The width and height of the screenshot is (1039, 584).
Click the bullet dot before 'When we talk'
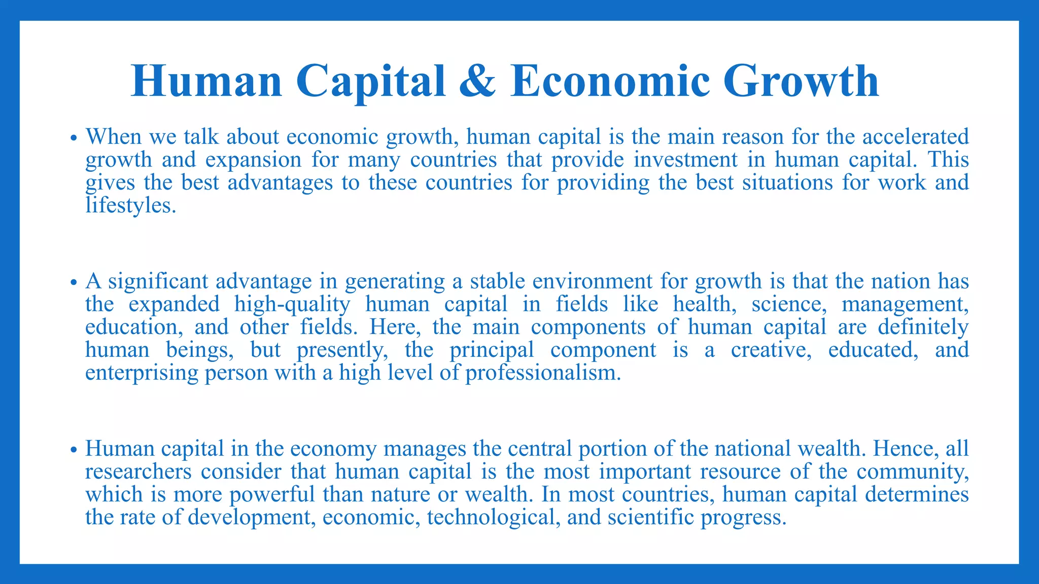click(74, 138)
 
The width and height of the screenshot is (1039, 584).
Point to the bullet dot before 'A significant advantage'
click(74, 283)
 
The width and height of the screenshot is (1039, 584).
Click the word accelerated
click(915, 137)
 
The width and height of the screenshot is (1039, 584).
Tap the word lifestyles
click(130, 205)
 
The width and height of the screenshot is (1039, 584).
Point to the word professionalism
click(543, 373)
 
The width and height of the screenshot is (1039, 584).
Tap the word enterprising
click(142, 373)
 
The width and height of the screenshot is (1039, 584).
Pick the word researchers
click(138, 471)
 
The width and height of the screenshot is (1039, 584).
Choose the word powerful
click(272, 494)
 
